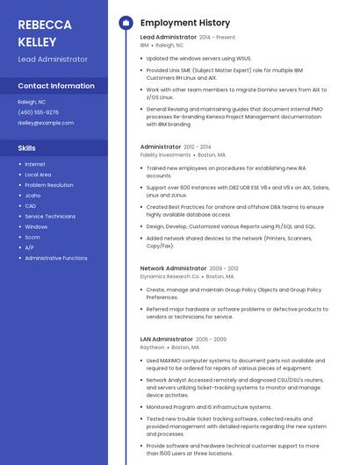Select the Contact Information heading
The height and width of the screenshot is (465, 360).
tap(56, 86)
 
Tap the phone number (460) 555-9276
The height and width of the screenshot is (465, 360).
tap(38, 112)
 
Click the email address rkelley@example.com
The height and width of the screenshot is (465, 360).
tap(46, 123)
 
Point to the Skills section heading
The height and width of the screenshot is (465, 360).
tap(26, 148)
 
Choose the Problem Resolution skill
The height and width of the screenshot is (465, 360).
tap(49, 185)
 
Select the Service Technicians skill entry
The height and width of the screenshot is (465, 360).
tap(50, 216)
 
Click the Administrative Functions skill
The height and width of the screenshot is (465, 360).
tap(56, 258)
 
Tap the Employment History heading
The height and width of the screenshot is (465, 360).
tap(185, 23)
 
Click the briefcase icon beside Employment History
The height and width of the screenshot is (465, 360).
tap(125, 23)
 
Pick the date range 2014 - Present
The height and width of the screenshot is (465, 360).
tap(217, 38)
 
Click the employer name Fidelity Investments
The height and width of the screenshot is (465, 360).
tap(165, 154)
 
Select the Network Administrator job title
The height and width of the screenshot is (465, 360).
tap(173, 268)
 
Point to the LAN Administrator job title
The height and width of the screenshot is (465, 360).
tap(166, 339)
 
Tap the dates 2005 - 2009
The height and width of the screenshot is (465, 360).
tap(211, 339)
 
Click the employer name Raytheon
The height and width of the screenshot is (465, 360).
tap(152, 347)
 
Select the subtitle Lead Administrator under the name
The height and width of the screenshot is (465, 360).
tap(53, 59)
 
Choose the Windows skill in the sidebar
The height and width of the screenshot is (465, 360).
tap(36, 226)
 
